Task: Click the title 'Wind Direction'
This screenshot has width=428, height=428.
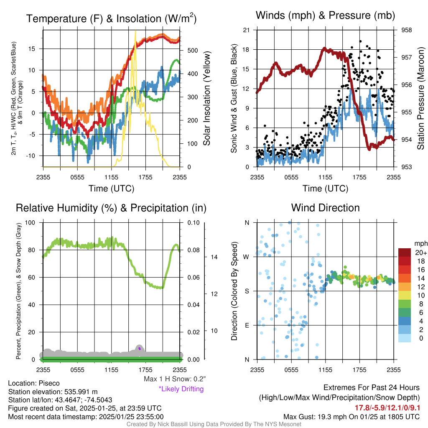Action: [x=325, y=208]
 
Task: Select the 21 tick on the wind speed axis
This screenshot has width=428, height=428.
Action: [x=246, y=30]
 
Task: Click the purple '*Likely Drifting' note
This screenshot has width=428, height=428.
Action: [x=181, y=389]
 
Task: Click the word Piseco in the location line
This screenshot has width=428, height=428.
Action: [x=49, y=383]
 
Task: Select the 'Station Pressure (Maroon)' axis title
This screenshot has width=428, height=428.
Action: [x=420, y=98]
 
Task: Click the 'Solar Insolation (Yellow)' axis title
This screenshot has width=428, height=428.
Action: [x=206, y=98]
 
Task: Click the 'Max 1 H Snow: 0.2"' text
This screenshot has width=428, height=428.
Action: [x=174, y=379]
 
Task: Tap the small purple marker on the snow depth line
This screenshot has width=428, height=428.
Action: [x=139, y=348]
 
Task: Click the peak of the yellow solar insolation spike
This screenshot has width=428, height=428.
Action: [x=135, y=31]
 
